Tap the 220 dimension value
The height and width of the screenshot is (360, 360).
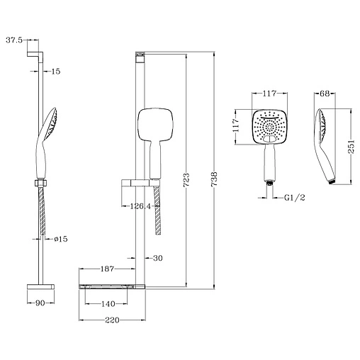[x=108, y=320]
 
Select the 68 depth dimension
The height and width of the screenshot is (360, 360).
[x=325, y=92]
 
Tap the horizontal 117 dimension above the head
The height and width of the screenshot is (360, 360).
[x=269, y=92]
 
